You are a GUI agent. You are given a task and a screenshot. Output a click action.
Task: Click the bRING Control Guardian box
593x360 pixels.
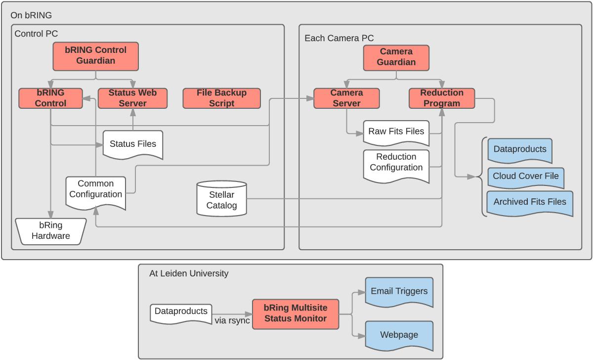pyautogui.click(x=95, y=56)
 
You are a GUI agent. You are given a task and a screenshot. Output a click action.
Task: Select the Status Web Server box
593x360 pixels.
pyautogui.click(x=133, y=98)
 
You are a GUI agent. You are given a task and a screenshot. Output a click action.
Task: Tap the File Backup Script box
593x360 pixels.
pyautogui.click(x=221, y=98)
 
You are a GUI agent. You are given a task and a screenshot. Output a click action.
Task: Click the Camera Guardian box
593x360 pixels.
pyautogui.click(x=396, y=57)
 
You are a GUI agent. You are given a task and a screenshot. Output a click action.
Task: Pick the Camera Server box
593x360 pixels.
pyautogui.click(x=346, y=98)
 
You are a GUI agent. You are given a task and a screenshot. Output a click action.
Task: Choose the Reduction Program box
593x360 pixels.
pyautogui.click(x=442, y=98)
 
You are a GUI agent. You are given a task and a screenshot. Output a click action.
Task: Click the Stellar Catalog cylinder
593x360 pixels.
pyautogui.click(x=221, y=198)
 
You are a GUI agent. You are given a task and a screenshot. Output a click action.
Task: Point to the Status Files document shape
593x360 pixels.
pyautogui.click(x=132, y=144)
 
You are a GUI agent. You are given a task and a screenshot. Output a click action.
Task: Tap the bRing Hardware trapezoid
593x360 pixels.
pyautogui.click(x=51, y=231)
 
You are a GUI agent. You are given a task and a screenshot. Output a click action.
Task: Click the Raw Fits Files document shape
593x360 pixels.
pyautogui.click(x=396, y=132)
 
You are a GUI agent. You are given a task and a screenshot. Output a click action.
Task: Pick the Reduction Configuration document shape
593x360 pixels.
pyautogui.click(x=396, y=163)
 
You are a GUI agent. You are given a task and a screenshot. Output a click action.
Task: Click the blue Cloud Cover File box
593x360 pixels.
pyautogui.click(x=526, y=177)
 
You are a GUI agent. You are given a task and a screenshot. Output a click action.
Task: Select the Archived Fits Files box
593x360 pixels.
pyautogui.click(x=530, y=202)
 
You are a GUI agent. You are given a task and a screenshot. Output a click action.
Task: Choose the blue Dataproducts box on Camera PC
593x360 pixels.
pyautogui.click(x=520, y=149)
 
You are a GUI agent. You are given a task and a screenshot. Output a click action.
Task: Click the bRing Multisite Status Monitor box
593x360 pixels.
pyautogui.click(x=296, y=314)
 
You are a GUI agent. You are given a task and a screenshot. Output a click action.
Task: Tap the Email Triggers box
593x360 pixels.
pyautogui.click(x=399, y=292)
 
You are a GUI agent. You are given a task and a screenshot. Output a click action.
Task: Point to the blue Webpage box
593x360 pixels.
pyautogui.click(x=399, y=335)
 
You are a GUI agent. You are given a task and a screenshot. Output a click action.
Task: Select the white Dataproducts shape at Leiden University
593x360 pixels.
pyautogui.click(x=181, y=313)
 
